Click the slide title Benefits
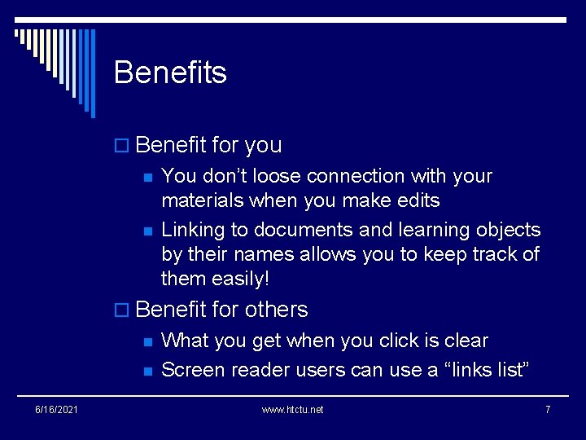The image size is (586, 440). [x=170, y=73]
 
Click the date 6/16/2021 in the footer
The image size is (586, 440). [x=58, y=409]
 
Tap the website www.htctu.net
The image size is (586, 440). [x=292, y=409]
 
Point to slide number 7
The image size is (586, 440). [x=548, y=409]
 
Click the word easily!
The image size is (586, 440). [x=241, y=279]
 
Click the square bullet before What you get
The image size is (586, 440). [x=147, y=341]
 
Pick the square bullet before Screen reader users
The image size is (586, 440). [x=147, y=371]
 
